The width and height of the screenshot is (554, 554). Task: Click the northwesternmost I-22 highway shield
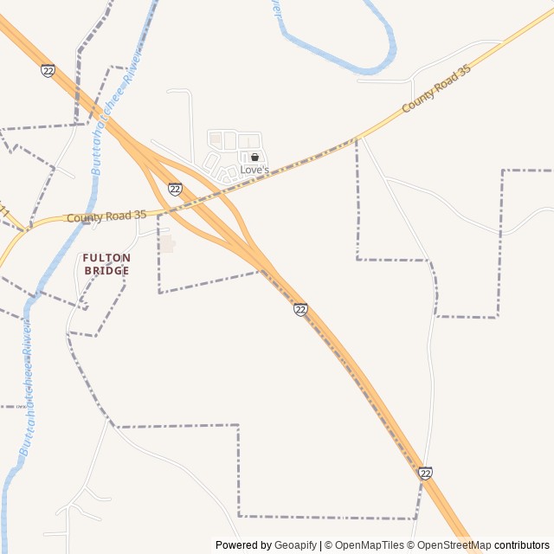coord(48,70)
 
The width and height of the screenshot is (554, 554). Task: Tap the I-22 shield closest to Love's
coord(175,189)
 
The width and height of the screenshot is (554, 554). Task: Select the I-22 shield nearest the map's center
coord(300,309)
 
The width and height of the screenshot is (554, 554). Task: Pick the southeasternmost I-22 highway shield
coord(425,473)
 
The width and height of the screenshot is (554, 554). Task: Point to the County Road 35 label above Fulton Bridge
coord(106,216)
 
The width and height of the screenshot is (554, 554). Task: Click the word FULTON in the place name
coord(106,258)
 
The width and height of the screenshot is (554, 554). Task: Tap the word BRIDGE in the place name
coord(106,271)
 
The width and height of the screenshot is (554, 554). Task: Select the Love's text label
coord(254,170)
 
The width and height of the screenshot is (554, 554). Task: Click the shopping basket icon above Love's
coord(254,158)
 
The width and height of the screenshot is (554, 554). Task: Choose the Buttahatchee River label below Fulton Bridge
coord(28,385)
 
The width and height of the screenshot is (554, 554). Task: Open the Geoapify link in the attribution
coord(296,545)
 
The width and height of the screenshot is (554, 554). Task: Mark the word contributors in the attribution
coord(522,545)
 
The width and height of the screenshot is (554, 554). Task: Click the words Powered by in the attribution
coord(243,545)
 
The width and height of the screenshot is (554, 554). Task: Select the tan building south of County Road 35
coord(166,245)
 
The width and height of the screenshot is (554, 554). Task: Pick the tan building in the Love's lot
coord(216,138)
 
